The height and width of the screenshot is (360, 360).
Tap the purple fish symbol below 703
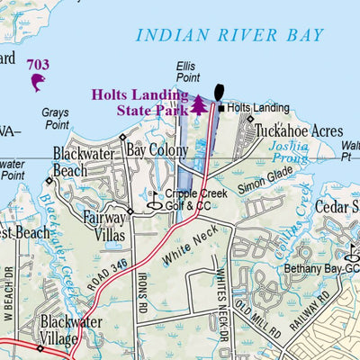[38, 83]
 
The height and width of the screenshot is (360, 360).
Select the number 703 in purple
[38, 64]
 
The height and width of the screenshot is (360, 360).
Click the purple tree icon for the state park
[198, 105]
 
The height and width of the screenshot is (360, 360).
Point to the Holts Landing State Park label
[139, 102]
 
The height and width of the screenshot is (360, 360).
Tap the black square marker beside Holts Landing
[221, 108]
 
